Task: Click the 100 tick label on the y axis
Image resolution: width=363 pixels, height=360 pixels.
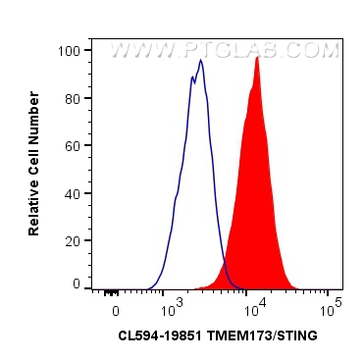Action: point(70,48)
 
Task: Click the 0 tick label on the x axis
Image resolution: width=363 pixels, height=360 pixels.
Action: point(116,309)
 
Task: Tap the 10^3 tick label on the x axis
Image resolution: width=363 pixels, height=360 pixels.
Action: point(172,308)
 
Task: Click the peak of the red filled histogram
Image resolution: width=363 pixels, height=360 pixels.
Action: point(257,58)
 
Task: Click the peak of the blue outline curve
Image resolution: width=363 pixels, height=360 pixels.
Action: point(200,61)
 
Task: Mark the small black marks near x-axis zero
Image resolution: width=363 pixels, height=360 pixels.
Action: point(110,291)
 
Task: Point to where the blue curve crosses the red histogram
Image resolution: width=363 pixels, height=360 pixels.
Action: point(224,263)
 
